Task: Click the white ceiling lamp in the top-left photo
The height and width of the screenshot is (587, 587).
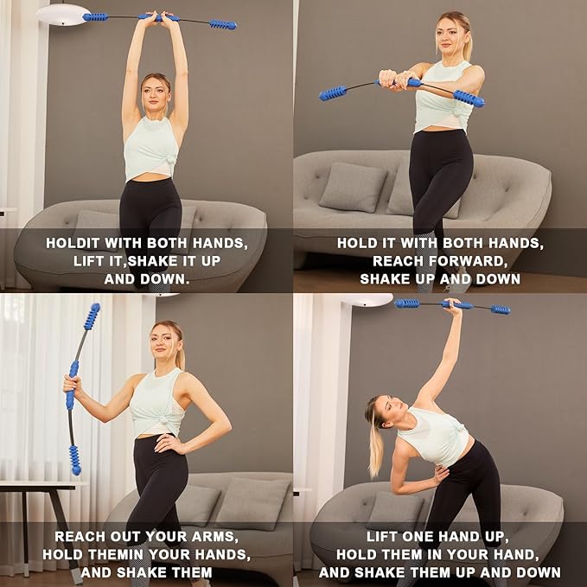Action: click(x=61, y=14)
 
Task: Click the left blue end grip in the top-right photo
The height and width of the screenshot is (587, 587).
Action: click(x=333, y=93)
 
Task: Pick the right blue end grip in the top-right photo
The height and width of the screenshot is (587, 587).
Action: click(x=468, y=98)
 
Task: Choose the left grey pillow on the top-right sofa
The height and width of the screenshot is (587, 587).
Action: click(x=353, y=187)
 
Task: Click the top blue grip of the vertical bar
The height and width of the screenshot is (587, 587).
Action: click(x=91, y=316)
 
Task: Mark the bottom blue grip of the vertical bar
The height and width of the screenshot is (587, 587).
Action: click(x=75, y=458)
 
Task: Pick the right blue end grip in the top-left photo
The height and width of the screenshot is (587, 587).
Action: click(x=222, y=24)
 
